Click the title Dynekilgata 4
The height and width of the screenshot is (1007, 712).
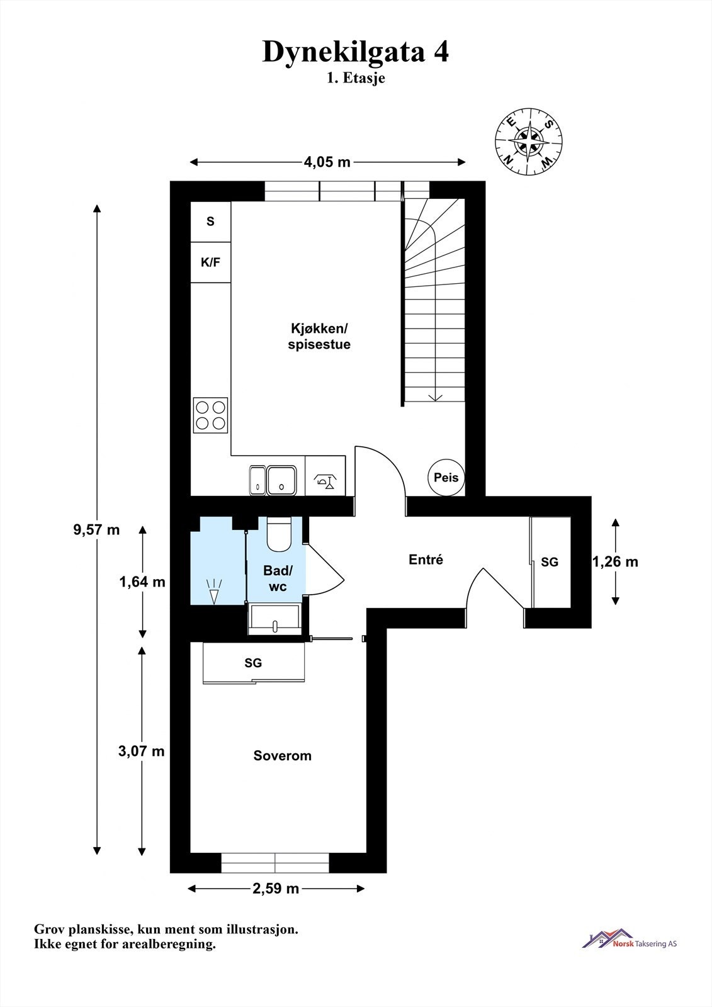pos(355,52)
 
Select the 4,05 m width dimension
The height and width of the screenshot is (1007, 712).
pos(327,162)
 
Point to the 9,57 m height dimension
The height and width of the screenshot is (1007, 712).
pos(96,529)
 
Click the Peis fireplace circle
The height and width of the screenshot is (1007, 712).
pos(446,477)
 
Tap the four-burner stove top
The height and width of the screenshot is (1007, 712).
pos(210,415)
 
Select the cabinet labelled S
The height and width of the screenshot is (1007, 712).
pos(210,222)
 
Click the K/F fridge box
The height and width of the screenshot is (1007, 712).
pos(210,262)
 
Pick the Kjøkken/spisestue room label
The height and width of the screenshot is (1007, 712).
pos(319,337)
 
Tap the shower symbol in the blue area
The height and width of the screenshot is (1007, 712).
pos(214,592)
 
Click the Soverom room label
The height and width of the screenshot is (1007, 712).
pos(282,756)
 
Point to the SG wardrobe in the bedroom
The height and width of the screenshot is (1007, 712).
pos(253,663)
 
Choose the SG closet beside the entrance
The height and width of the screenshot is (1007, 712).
pos(550,562)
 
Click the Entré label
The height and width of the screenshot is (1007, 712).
pos(426,560)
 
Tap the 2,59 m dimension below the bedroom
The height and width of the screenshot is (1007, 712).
pos(276,889)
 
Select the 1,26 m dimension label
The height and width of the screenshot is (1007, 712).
pos(616,561)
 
